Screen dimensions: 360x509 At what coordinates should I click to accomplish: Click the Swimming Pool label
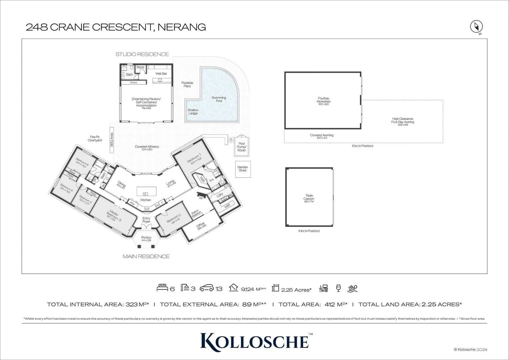pyautogui.click(x=219, y=99)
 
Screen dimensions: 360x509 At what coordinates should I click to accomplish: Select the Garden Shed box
pyautogui.click(x=243, y=169)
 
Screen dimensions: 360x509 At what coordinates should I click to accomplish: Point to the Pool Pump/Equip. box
pyautogui.click(x=242, y=147)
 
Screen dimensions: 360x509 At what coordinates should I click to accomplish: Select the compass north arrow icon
pyautogui.click(x=476, y=26)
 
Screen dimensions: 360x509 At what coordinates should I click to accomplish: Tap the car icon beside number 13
pyautogui.click(x=207, y=288)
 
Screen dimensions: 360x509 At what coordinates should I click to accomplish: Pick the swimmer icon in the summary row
pyautogui.click(x=352, y=288)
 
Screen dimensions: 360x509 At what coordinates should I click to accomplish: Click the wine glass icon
pyautogui.click(x=338, y=288)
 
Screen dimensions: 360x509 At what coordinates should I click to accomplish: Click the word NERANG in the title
pyautogui.click(x=182, y=27)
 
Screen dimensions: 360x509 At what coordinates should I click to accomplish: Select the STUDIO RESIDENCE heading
pyautogui.click(x=142, y=54)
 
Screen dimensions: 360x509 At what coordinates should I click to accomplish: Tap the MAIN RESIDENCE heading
pyautogui.click(x=146, y=256)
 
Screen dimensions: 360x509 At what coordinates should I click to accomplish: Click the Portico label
pyautogui.click(x=146, y=239)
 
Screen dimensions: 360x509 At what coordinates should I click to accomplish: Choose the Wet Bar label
pyautogui.click(x=161, y=73)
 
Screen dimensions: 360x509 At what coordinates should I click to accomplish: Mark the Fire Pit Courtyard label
pyautogui.click(x=95, y=139)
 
